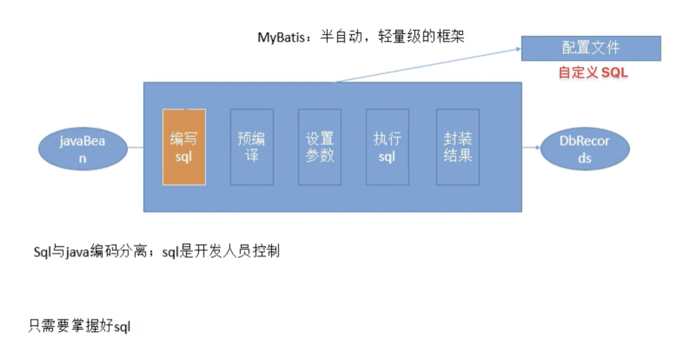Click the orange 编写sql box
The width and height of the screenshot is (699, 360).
pyautogui.click(x=184, y=147)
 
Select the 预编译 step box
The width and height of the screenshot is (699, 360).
pyautogui.click(x=252, y=147)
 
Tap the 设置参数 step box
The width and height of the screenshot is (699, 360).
pyautogui.click(x=319, y=147)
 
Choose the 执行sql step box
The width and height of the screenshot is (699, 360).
pyautogui.click(x=388, y=147)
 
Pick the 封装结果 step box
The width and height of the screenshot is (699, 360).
pyautogui.click(x=458, y=147)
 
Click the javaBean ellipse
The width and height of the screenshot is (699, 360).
pyautogui.click(x=83, y=149)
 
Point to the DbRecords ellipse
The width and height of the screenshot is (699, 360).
pyautogui.click(x=585, y=149)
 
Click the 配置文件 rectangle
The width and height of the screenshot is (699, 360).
pyautogui.click(x=591, y=48)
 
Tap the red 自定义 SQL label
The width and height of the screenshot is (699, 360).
pyautogui.click(x=593, y=72)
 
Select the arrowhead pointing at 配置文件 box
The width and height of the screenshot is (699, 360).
pyautogui.click(x=518, y=49)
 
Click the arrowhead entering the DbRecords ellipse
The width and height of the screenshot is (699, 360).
pyautogui.click(x=537, y=147)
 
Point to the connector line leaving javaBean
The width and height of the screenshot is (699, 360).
pyautogui.click(x=135, y=147)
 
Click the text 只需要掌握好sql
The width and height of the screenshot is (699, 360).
pyautogui.click(x=79, y=326)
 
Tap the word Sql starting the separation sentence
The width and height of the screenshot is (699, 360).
pyautogui.click(x=42, y=252)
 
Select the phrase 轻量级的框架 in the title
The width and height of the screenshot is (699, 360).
pyautogui.click(x=421, y=36)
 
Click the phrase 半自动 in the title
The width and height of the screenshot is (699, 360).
pyautogui.click(x=341, y=36)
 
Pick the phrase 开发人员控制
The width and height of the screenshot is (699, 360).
pyautogui.click(x=237, y=251)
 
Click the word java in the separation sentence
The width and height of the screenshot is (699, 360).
pyautogui.click(x=77, y=252)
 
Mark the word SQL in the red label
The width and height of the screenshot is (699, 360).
pyautogui.click(x=615, y=72)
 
